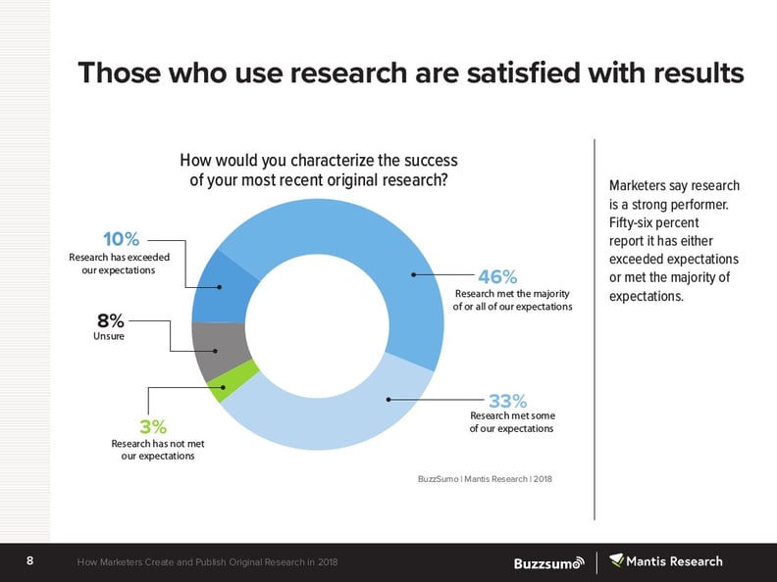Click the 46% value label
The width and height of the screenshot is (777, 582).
click(x=496, y=277)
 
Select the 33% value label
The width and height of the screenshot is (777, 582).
click(x=508, y=401)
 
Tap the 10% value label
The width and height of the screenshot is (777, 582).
click(x=122, y=239)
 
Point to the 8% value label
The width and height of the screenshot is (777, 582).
click(x=110, y=320)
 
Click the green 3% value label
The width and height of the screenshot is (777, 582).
click(x=153, y=427)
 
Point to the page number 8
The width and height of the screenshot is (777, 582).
click(x=30, y=561)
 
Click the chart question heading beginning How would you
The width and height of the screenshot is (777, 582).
click(x=318, y=170)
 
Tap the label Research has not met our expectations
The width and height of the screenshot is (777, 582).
click(x=157, y=450)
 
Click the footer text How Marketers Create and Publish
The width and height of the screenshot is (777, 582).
click(x=208, y=562)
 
